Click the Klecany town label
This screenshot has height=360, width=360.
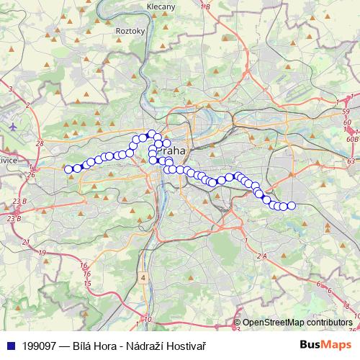pos(161,6)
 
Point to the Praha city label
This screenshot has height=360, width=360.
pos(171,151)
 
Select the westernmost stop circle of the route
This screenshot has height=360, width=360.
pos(69,169)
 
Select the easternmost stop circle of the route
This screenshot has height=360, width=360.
pos(291,206)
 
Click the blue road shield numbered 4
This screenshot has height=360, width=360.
pos(144,277)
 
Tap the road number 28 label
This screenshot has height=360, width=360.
pos(40,144)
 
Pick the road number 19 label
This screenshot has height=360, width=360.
pos(42,253)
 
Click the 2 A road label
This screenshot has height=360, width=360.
pos(261,256)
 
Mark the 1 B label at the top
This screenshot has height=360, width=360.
pos(205,6)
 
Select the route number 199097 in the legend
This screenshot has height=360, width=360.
pos(40,346)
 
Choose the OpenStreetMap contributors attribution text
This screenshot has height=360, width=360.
pos(297,323)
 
